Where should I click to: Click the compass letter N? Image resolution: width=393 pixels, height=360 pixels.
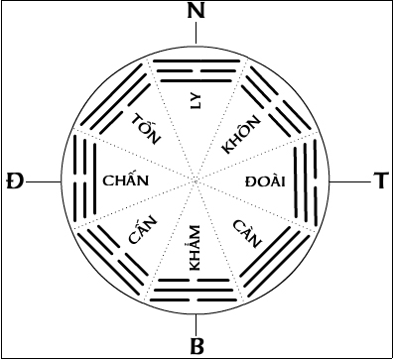196,13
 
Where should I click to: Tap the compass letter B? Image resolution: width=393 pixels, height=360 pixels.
196,346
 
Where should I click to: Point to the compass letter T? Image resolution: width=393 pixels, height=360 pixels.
378,181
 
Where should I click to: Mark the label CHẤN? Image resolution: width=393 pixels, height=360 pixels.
126,181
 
